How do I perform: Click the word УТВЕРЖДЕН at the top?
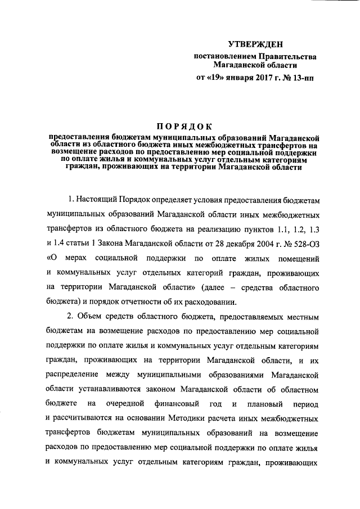tap(255, 44)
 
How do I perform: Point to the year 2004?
tap(276, 244)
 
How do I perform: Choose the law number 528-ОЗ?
tap(308, 244)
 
